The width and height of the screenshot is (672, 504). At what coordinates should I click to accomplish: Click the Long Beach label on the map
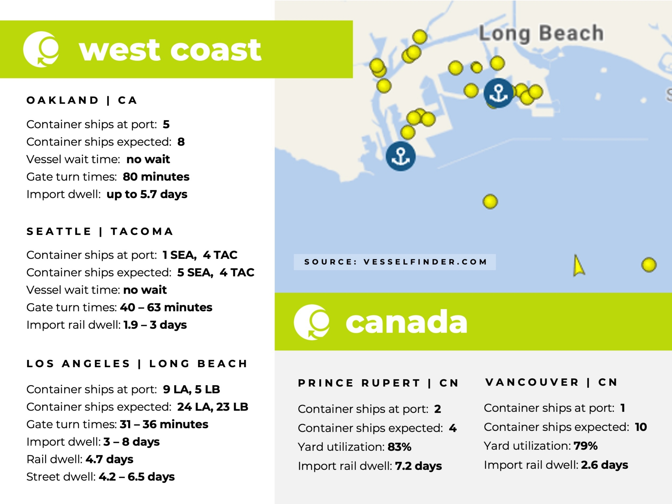click(541, 33)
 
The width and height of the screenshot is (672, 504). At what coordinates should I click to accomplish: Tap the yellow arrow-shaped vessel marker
click(578, 266)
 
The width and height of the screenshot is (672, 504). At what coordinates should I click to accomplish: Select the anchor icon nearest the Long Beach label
click(498, 93)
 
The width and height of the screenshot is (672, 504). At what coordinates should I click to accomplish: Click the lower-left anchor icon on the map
click(400, 156)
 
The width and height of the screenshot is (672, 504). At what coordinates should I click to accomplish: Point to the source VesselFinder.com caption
click(395, 262)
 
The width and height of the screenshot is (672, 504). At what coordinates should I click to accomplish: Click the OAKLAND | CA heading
click(82, 100)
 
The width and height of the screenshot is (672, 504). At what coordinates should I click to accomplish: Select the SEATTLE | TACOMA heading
click(100, 231)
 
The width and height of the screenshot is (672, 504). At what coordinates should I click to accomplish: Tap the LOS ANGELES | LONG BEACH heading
click(137, 364)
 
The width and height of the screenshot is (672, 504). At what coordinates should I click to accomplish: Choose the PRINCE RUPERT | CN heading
click(378, 383)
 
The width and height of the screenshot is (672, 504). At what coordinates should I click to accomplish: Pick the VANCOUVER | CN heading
click(551, 382)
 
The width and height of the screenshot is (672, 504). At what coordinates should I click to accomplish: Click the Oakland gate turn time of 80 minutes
click(156, 177)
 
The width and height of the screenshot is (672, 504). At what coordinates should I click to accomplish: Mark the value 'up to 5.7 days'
click(147, 194)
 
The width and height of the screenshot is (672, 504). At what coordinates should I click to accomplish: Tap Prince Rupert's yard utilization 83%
click(399, 447)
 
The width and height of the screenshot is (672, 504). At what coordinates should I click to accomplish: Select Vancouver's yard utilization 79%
click(585, 446)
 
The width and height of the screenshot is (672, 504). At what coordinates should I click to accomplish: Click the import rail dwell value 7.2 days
click(418, 466)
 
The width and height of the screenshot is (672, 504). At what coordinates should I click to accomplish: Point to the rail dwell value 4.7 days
click(109, 459)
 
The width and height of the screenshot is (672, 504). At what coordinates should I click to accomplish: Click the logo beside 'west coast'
click(41, 50)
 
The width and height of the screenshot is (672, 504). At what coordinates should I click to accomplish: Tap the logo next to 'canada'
click(312, 322)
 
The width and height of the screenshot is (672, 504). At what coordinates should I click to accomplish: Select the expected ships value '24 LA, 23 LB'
click(213, 407)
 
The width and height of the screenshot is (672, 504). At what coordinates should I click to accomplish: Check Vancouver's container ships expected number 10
click(640, 427)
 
